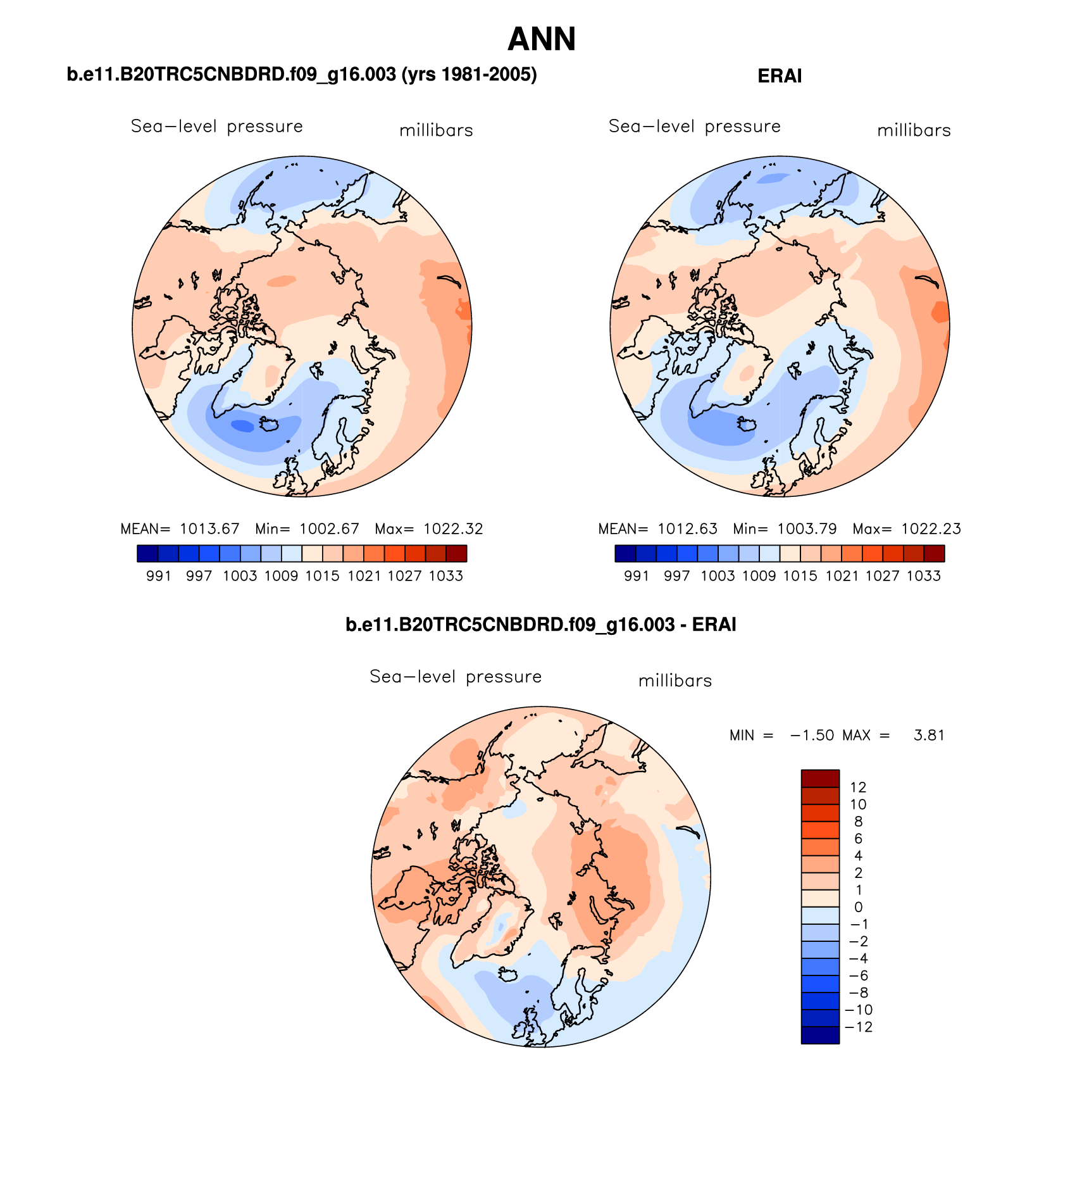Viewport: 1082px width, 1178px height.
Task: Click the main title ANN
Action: coord(542,39)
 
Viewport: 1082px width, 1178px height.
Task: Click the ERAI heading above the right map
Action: coord(780,76)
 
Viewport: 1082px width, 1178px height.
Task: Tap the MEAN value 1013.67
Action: coord(209,529)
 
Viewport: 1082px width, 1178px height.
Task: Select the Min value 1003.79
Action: coord(807,529)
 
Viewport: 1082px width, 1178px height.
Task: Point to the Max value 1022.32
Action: coord(453,529)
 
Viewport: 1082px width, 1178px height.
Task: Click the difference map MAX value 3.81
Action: coord(929,735)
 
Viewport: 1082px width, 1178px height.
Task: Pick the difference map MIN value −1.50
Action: coord(812,735)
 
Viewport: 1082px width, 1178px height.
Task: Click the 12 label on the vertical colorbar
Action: coord(858,787)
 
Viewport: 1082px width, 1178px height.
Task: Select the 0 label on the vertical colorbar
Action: coord(858,907)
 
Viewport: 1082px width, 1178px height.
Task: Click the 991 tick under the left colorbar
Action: coord(159,576)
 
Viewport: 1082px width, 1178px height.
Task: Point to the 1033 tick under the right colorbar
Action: coord(924,576)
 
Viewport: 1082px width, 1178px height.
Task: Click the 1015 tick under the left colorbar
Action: coord(323,576)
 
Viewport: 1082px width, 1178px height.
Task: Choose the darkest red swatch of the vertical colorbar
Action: coord(820,778)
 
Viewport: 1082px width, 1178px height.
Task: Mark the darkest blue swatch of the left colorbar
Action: coord(147,554)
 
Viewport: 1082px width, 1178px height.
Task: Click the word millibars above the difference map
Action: coord(675,681)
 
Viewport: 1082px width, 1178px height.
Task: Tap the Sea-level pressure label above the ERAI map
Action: coord(694,127)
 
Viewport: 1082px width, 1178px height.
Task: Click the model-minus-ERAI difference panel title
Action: coord(541,625)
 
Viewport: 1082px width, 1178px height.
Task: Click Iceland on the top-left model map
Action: coord(271,423)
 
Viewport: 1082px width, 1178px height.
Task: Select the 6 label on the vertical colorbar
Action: coord(858,839)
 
